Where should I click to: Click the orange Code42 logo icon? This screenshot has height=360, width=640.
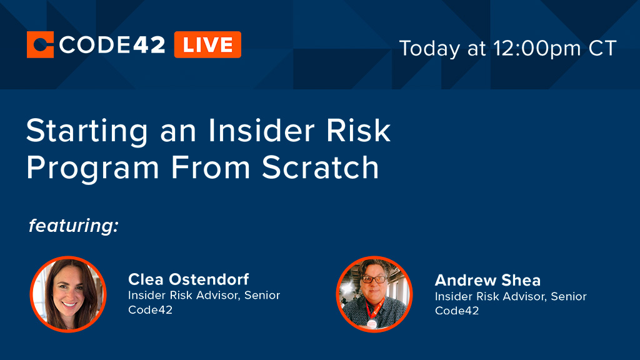pos(41,45)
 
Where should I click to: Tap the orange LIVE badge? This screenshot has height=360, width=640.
pos(207,45)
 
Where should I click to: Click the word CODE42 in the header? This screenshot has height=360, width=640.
pos(113,45)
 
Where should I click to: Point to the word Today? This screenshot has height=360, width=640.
pos(431,48)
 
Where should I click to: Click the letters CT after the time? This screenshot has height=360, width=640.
pos(602,48)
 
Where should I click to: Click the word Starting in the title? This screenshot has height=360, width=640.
pos(88,132)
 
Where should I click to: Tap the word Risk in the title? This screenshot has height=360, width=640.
pos(364,131)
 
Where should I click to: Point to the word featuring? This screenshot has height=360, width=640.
pos(74,226)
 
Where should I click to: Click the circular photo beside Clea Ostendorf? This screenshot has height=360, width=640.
pos(68,294)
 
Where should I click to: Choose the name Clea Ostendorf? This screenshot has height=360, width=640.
pos(188,279)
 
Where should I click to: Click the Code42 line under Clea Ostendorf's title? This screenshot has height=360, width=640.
pos(150,310)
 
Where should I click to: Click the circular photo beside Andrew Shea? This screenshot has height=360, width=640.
pos(374,294)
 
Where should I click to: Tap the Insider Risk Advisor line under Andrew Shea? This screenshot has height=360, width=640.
pos(511,296)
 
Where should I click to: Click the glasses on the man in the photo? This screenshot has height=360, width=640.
pos(375,279)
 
